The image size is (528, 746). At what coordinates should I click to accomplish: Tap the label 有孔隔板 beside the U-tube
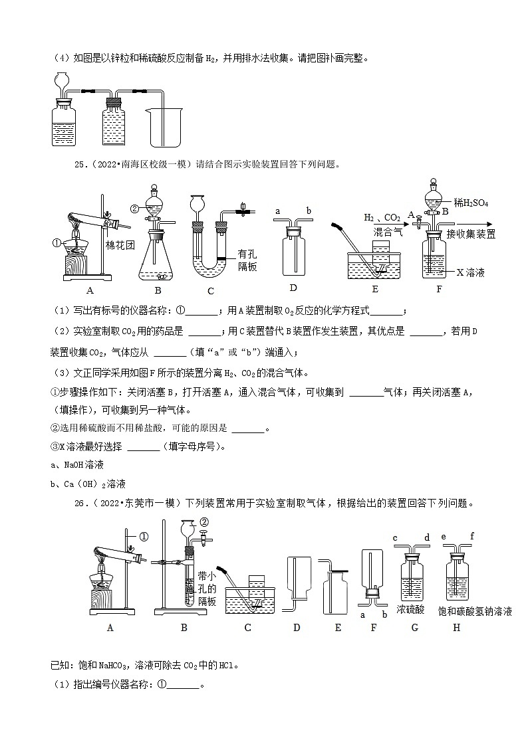click(249, 260)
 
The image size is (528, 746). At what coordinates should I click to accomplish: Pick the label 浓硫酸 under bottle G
click(410, 609)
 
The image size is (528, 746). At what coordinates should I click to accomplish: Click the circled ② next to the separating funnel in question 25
click(134, 207)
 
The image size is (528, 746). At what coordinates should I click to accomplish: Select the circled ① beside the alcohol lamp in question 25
click(57, 243)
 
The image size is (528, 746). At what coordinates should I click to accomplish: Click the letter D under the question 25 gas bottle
click(293, 288)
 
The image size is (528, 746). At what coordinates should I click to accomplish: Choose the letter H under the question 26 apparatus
click(456, 628)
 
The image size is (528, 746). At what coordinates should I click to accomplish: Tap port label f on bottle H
click(471, 536)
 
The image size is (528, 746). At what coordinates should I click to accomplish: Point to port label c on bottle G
click(395, 538)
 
